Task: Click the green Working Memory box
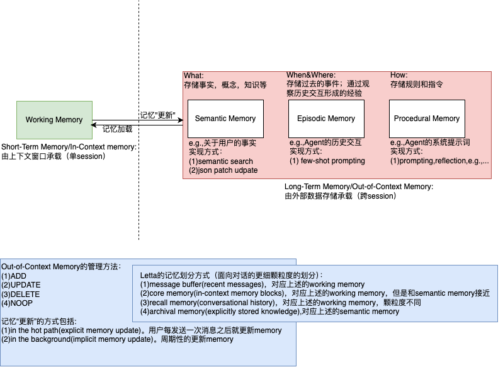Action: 54,120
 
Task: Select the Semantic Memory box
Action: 225,118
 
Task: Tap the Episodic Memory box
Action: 326,118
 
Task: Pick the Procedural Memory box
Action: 427,118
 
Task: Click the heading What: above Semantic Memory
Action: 194,76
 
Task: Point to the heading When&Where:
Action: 311,76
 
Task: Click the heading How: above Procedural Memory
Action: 398,76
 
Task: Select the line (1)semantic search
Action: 220,161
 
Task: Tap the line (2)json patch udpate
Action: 223,170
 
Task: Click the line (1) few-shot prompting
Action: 327,161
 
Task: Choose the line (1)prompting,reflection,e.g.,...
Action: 439,161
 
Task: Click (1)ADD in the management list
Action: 14,276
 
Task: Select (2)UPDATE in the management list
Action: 21,285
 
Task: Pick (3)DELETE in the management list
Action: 20,294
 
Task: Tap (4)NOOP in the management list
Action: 18,303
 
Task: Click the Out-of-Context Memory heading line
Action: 61,267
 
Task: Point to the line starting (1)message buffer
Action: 252,284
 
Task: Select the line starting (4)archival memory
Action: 269,312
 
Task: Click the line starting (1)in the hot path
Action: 141,330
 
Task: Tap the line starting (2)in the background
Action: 117,339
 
